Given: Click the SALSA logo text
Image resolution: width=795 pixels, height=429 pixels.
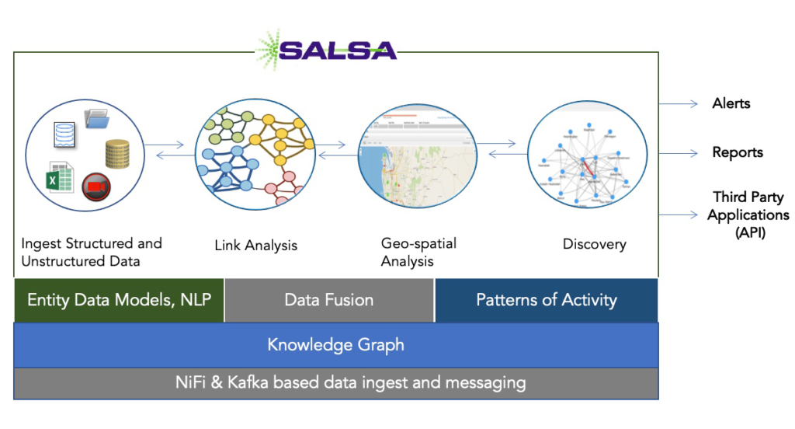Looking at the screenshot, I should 337,51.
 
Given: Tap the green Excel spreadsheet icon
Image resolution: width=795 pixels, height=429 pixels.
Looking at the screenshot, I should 59,177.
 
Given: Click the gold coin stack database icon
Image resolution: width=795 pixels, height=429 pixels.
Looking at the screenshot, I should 117,154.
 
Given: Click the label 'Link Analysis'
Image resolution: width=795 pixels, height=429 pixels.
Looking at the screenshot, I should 255,246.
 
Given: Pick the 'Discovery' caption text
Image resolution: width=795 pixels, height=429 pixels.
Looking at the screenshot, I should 594,244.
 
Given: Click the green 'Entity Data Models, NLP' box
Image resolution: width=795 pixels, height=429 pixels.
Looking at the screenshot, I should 119,300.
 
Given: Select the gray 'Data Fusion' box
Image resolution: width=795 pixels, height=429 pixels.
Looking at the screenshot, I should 329,300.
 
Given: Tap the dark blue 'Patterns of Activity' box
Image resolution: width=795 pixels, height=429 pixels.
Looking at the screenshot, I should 546,300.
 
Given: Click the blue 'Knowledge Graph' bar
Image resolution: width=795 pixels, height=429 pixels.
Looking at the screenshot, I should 335,345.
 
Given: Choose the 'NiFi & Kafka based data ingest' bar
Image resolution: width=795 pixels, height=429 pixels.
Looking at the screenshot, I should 335,383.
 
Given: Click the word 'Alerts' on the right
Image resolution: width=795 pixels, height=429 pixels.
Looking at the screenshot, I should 731,103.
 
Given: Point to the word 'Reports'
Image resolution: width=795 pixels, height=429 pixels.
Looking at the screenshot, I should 738,152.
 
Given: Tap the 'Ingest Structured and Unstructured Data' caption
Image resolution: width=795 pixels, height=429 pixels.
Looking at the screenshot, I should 92,252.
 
